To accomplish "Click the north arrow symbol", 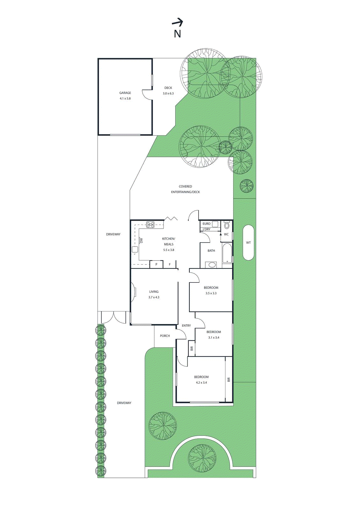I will [x=177, y=22].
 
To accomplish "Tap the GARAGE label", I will [x=125, y=93].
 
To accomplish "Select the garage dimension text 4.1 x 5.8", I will [x=125, y=99].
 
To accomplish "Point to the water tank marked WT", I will [x=248, y=243].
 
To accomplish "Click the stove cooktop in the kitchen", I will [x=150, y=225].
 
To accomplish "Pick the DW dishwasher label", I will [x=141, y=241].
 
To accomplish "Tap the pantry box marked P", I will [x=156, y=264].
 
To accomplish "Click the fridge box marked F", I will [x=170, y=264].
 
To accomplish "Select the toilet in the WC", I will [x=227, y=225].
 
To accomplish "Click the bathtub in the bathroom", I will [x=227, y=253].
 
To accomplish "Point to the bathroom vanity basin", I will [x=211, y=265].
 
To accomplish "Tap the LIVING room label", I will [x=154, y=292].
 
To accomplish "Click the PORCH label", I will [x=165, y=336].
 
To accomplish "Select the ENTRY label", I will [x=186, y=326].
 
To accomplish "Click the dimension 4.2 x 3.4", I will [x=201, y=383].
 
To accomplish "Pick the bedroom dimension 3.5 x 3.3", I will [x=211, y=293].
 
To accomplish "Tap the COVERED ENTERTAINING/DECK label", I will [x=185, y=189].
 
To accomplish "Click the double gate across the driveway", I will [x=114, y=317].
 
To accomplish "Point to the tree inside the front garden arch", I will [x=202, y=458].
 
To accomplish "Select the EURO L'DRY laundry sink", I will [x=215, y=224].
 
